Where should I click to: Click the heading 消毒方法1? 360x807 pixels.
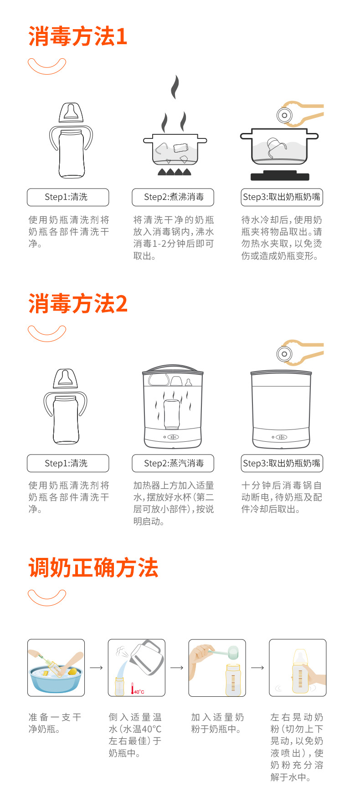point(77,36)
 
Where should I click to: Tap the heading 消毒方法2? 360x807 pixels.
point(77,303)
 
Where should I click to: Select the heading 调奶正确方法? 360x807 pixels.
point(93,568)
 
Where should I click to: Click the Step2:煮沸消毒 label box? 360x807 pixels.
point(173,197)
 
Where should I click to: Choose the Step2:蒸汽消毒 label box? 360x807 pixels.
point(173,463)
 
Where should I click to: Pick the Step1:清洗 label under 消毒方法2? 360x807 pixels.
point(68,463)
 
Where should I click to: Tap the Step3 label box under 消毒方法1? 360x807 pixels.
point(282,197)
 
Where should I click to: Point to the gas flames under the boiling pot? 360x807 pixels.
point(174,172)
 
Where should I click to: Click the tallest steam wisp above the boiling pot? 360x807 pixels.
point(175,87)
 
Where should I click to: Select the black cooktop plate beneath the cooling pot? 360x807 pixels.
point(280,176)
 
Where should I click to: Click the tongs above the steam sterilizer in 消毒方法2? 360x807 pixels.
point(298,352)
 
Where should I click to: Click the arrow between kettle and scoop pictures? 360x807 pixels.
point(177,668)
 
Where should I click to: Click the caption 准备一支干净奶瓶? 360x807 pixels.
point(55,723)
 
